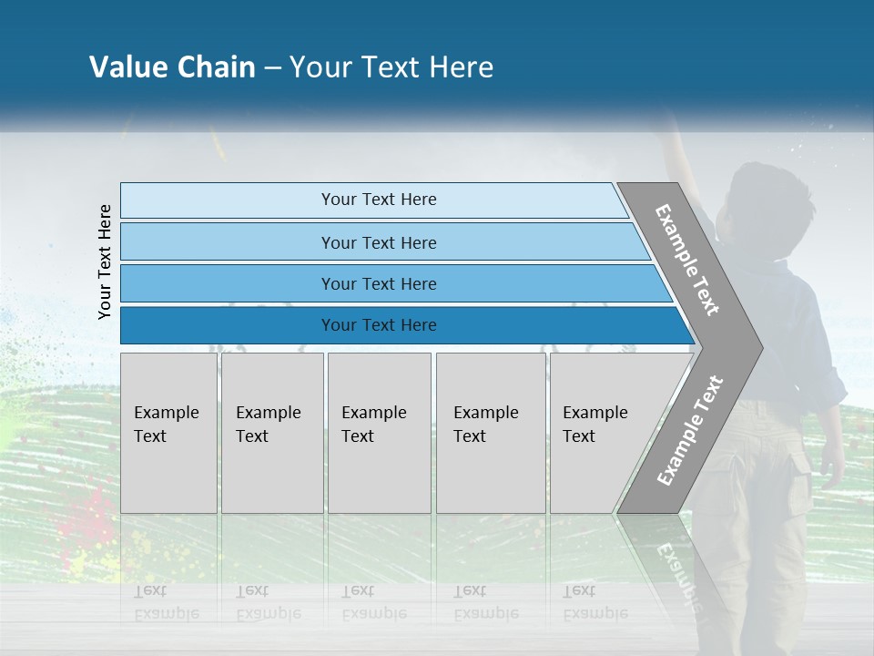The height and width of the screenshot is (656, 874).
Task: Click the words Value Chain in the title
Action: point(172,67)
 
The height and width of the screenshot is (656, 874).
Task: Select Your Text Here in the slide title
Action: point(391,67)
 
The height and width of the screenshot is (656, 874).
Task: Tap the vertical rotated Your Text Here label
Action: point(105,261)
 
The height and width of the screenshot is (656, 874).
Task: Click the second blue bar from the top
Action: point(378,242)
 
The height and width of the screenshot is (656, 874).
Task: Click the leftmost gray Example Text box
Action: point(168,433)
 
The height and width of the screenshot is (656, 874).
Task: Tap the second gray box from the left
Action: point(272,433)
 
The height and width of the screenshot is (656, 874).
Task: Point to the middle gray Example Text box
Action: point(379,433)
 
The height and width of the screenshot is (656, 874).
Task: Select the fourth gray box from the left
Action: point(491,433)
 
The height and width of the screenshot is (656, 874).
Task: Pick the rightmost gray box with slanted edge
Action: point(605,433)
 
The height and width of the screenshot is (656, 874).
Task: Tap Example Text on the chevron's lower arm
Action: point(689,430)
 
